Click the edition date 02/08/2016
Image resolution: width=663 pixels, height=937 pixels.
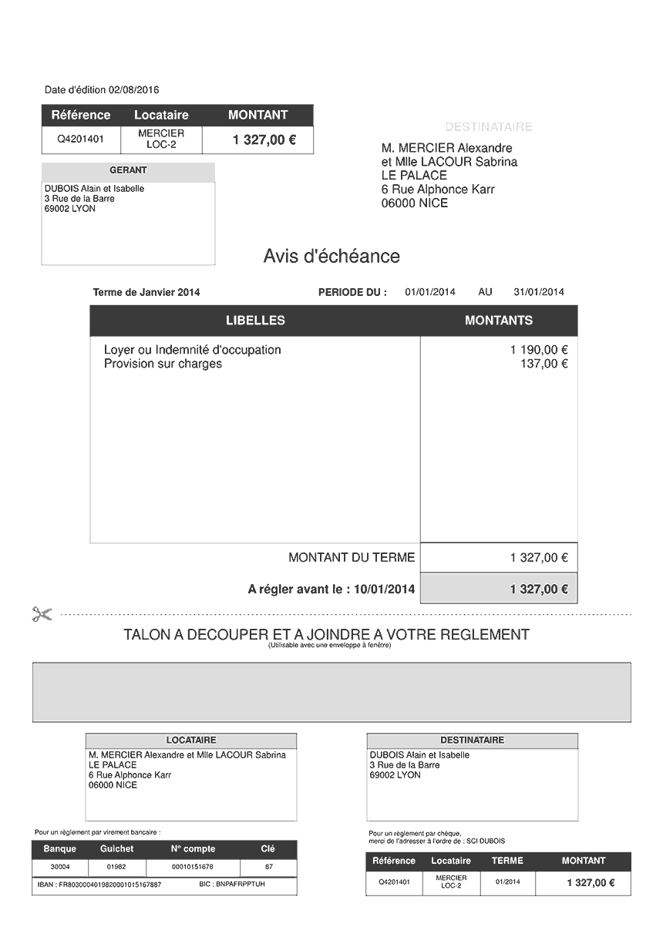point(134,90)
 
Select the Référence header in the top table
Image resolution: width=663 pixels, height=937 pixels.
point(81,115)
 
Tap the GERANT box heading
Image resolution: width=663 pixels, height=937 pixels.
point(128,170)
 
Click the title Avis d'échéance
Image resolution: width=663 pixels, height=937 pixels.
point(331,256)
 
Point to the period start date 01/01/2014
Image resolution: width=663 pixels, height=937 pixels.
point(430,292)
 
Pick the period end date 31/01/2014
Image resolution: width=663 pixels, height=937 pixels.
point(539,292)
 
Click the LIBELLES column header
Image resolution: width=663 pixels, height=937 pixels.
point(255,321)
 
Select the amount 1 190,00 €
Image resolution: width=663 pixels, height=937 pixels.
point(539,350)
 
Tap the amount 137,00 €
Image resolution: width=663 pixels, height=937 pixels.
point(544,364)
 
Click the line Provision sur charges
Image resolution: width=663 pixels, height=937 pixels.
point(163,364)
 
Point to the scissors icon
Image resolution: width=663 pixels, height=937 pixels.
point(42,614)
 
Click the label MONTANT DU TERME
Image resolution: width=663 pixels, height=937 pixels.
point(352,557)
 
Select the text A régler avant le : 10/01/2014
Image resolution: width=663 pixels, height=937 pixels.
point(331,589)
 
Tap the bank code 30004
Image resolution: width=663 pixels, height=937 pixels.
point(59,867)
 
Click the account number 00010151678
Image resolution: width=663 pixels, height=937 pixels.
point(192,867)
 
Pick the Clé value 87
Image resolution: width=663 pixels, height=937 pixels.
point(268,867)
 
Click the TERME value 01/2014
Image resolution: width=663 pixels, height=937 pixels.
point(507,882)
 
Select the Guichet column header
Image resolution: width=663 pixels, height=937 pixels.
point(116,848)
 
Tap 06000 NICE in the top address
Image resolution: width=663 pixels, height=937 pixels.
point(414,203)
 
